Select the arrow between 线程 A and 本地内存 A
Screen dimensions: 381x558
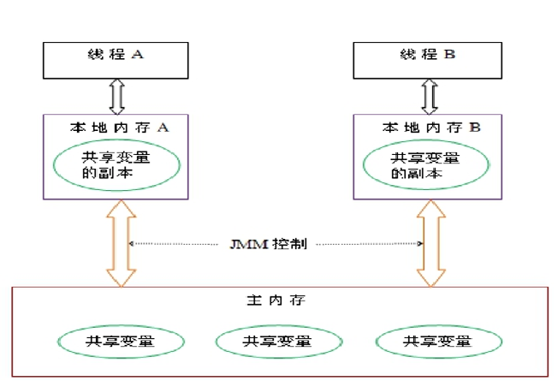pyautogui.click(x=118, y=96)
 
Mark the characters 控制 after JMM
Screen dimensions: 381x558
pyautogui.click(x=286, y=243)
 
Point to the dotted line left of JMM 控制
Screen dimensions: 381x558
pyautogui.click(x=180, y=243)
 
